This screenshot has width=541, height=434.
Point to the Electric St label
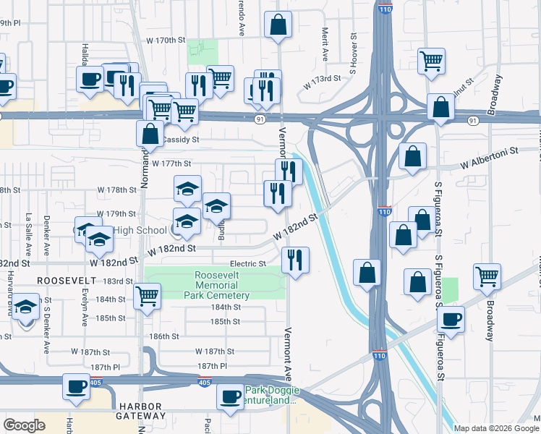click(x=248, y=264)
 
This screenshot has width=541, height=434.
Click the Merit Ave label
click(x=325, y=46)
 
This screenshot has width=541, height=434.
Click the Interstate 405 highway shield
click(x=206, y=381)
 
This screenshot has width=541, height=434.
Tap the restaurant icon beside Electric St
click(x=294, y=260)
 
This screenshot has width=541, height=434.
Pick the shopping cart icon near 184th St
click(x=148, y=296)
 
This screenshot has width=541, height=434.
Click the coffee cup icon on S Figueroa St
click(x=451, y=318)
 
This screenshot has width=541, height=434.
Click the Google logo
click(x=24, y=425)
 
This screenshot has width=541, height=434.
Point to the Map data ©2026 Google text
click(x=496, y=428)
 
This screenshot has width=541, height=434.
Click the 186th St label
click(x=164, y=336)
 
